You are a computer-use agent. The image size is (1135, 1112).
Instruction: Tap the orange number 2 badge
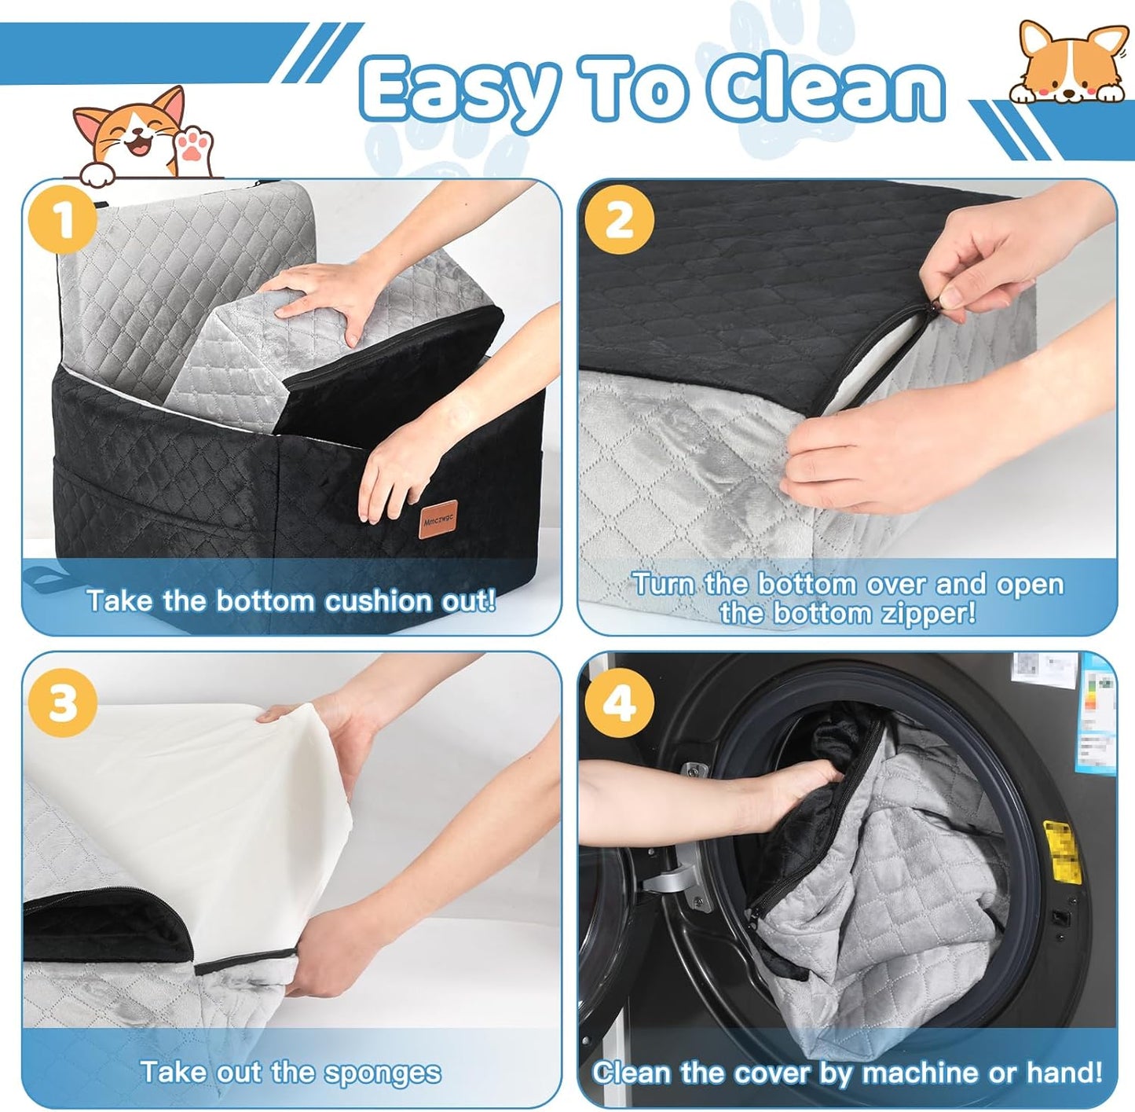click(x=620, y=222)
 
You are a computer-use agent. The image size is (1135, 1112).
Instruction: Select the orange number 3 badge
click(x=63, y=702)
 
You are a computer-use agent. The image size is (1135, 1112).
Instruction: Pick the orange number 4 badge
click(x=620, y=702)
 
